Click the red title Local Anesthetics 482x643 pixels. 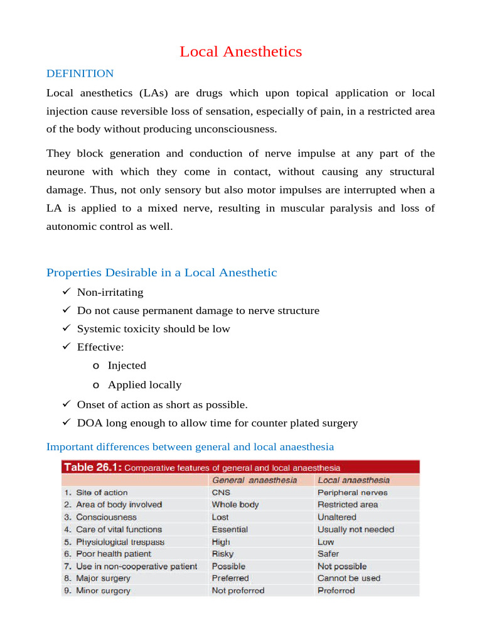240,51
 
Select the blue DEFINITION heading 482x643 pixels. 80,73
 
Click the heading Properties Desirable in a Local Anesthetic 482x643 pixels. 161,273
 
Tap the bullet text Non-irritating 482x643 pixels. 110,292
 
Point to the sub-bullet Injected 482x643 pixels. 127,365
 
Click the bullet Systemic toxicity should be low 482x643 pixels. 153,328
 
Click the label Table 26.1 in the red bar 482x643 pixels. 92,467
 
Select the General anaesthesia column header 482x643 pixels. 254,480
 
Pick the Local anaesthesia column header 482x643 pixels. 353,480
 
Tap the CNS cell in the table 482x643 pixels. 222,493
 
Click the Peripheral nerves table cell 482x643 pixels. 352,493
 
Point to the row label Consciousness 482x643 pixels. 105,517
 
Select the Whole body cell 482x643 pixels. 235,505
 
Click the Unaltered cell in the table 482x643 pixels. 336,517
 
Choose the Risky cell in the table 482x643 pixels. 222,554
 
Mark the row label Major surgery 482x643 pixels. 103,578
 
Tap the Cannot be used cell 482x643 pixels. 348,578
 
